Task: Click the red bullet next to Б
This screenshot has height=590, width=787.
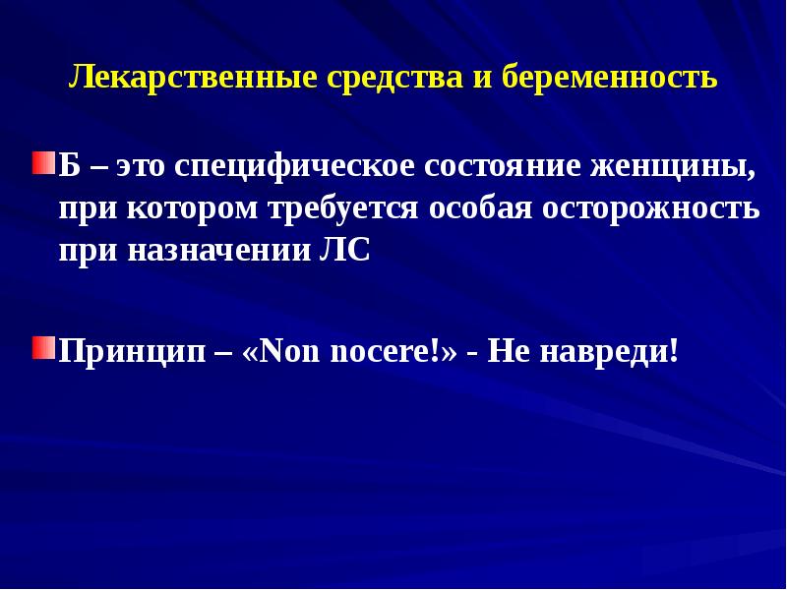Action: pyautogui.click(x=42, y=161)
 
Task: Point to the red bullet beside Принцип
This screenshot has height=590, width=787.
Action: pyautogui.click(x=42, y=347)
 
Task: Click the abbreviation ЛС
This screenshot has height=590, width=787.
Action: pyautogui.click(x=345, y=251)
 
